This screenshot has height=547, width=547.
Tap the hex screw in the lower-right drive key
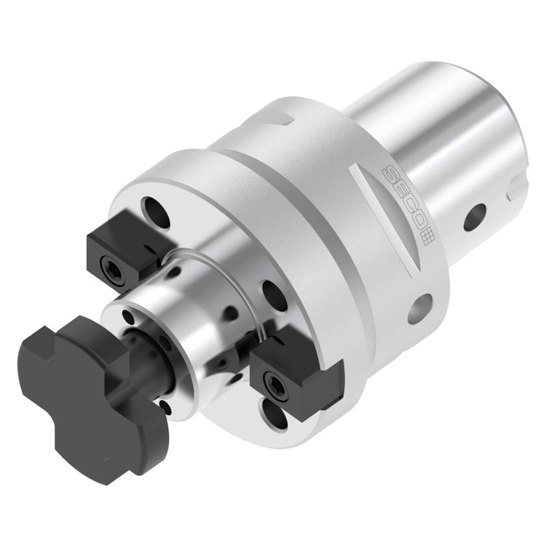click(275, 388)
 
